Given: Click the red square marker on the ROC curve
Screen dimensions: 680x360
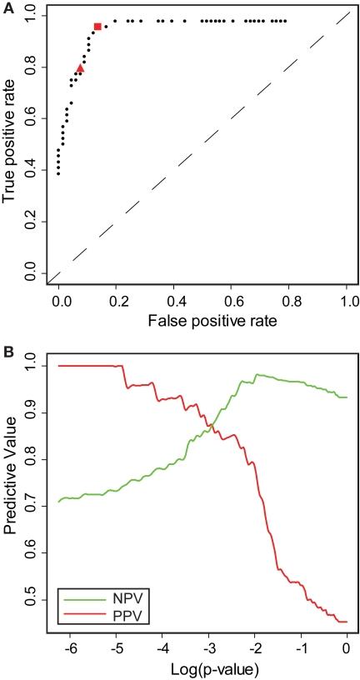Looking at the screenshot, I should (x=97, y=27).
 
